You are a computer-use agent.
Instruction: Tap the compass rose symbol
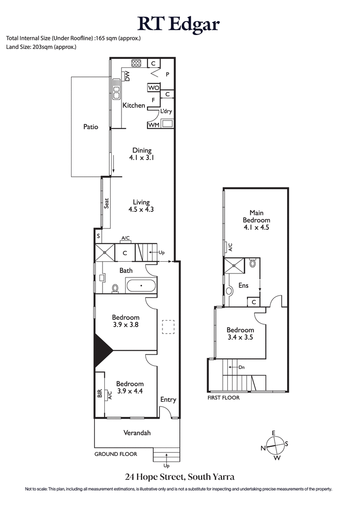coord(274,446)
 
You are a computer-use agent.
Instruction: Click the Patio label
coord(90,127)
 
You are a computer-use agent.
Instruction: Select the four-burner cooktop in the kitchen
coord(136,63)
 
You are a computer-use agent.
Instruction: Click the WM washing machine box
coord(153,125)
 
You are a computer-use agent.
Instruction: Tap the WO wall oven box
coord(153,88)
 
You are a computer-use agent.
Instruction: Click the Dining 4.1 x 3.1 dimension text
coord(141,158)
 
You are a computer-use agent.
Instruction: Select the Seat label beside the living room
coord(107,204)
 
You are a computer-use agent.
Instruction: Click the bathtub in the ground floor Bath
coord(141,286)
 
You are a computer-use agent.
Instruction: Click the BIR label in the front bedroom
coord(100,394)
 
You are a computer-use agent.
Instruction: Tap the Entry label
coord(168,400)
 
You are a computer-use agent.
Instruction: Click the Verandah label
coord(137,433)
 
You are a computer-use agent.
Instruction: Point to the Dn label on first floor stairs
coord(241,367)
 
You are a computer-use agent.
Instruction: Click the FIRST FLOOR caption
coord(223,397)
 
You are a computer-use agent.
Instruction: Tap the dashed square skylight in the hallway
coord(168,327)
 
